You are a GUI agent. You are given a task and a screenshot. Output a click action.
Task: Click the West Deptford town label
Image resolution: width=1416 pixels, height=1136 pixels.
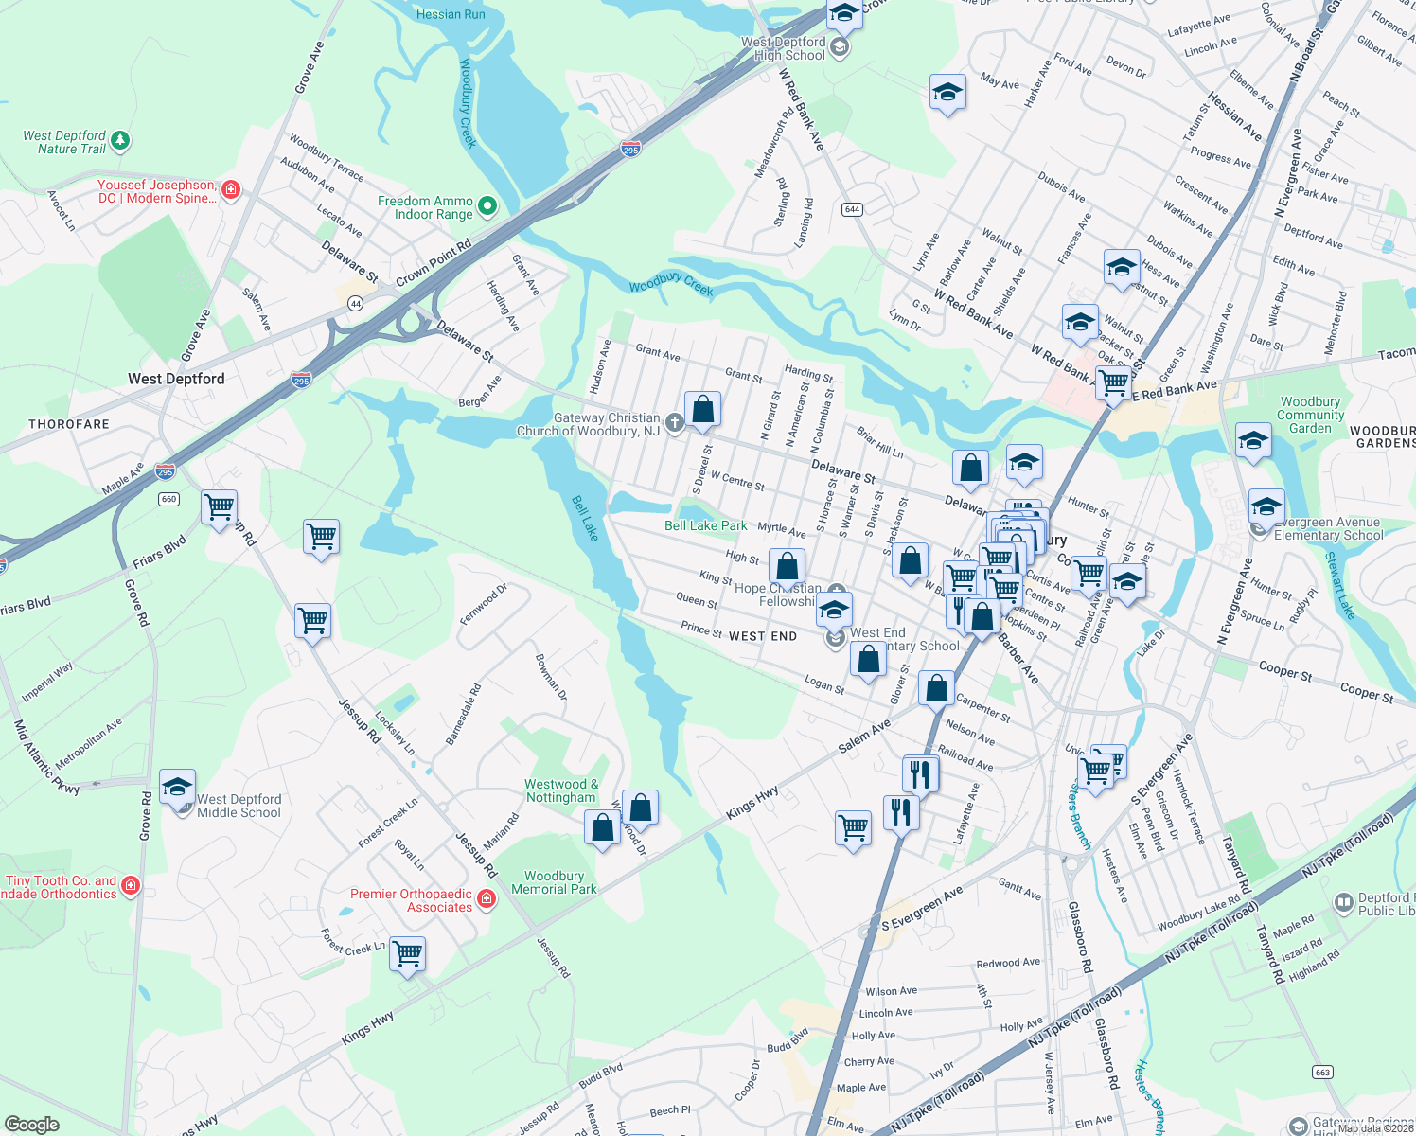pyautogui.click(x=176, y=379)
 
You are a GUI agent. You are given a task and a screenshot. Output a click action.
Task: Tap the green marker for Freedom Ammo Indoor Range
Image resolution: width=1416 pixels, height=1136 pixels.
pyautogui.click(x=487, y=205)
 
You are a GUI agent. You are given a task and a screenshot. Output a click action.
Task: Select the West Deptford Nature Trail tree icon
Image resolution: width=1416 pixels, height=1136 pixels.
pyautogui.click(x=119, y=141)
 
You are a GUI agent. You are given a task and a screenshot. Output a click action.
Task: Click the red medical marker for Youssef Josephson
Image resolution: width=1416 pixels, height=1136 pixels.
pyautogui.click(x=230, y=189)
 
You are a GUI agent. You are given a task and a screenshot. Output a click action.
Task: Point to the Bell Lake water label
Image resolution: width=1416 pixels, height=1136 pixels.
pyautogui.click(x=586, y=518)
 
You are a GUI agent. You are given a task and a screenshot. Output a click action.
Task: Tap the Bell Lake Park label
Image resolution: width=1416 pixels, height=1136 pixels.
pyautogui.click(x=705, y=525)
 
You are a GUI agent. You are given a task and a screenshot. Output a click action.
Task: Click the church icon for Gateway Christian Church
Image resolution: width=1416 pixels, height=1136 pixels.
pyautogui.click(x=674, y=422)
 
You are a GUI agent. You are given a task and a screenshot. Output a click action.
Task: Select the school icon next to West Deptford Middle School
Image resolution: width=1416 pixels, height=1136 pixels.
pyautogui.click(x=177, y=787)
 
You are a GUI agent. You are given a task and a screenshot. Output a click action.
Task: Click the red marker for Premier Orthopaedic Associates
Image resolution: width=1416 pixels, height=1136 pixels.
pyautogui.click(x=487, y=898)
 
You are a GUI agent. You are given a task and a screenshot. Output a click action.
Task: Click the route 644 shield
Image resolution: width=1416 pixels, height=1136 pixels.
pyautogui.click(x=852, y=209)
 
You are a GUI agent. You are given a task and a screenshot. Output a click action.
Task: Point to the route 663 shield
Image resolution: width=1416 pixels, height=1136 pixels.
pyautogui.click(x=1322, y=1072)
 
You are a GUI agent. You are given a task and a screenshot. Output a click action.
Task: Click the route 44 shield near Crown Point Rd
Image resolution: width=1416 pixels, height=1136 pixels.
pyautogui.click(x=355, y=303)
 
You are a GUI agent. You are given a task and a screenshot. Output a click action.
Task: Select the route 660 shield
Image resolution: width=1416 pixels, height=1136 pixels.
pyautogui.click(x=168, y=499)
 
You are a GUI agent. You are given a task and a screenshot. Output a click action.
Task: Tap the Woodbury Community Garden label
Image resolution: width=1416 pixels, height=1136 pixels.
pyautogui.click(x=1310, y=415)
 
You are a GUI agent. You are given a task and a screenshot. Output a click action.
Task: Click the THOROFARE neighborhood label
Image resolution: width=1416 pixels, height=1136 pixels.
pyautogui.click(x=69, y=424)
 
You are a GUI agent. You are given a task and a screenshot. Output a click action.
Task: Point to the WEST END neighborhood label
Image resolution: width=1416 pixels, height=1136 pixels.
pyautogui.click(x=763, y=636)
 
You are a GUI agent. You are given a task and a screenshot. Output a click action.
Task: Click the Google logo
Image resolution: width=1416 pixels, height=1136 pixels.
pyautogui.click(x=32, y=1124)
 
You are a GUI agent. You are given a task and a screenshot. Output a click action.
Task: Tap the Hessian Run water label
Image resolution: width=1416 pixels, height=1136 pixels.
pyautogui.click(x=451, y=14)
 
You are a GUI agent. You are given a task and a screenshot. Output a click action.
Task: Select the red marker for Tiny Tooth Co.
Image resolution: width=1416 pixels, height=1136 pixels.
pyautogui.click(x=131, y=885)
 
